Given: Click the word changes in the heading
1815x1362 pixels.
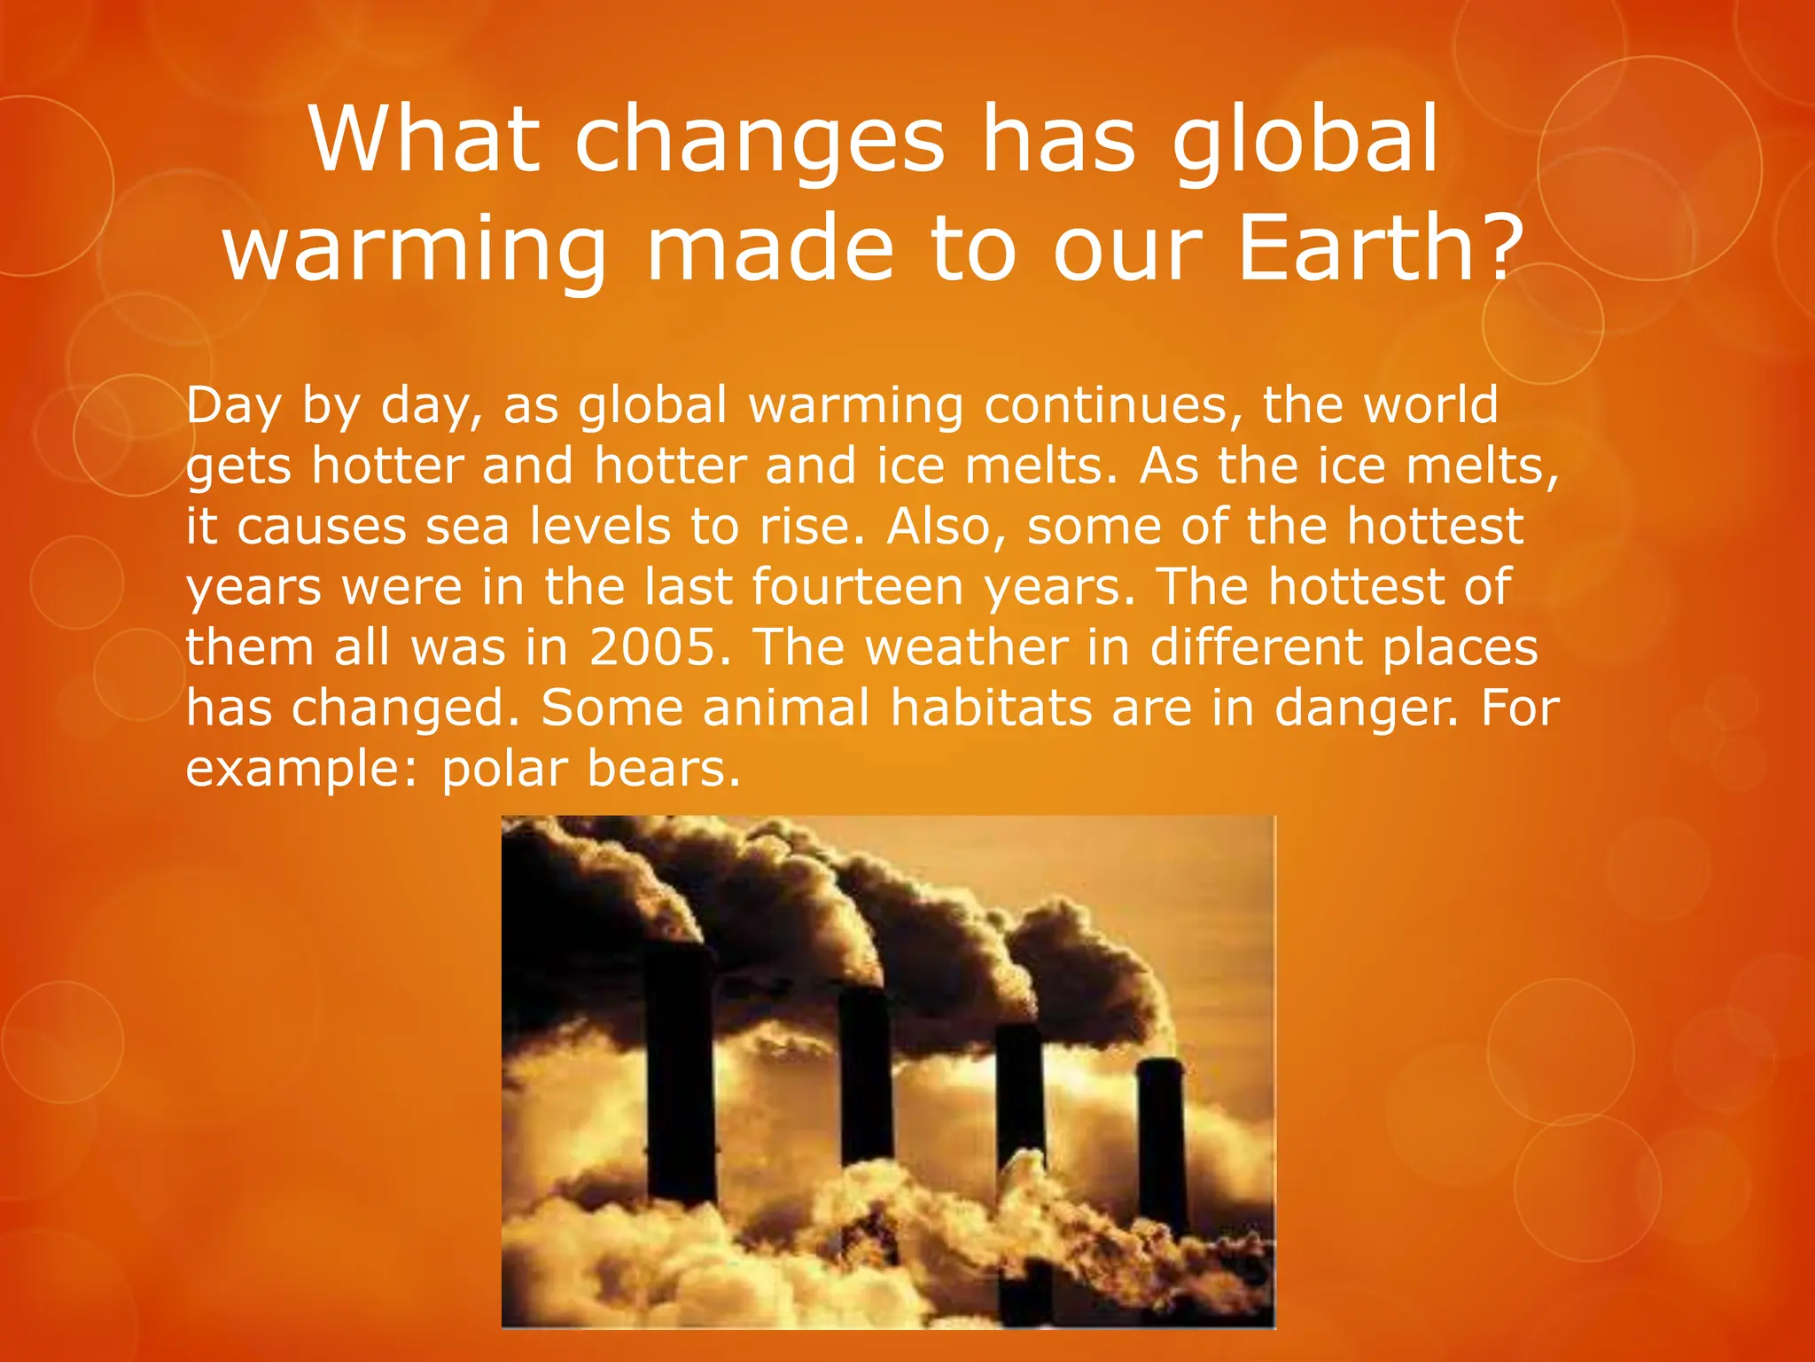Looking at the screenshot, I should click(x=759, y=142).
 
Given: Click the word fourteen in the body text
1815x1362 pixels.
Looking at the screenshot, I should click(x=857, y=586).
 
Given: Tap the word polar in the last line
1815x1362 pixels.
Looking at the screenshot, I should click(x=504, y=768).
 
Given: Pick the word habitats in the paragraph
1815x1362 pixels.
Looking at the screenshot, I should click(x=991, y=708).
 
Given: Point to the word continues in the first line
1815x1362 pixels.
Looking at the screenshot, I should click(x=1107, y=405).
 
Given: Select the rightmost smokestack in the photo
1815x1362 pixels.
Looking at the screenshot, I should click(x=1161, y=1135).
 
